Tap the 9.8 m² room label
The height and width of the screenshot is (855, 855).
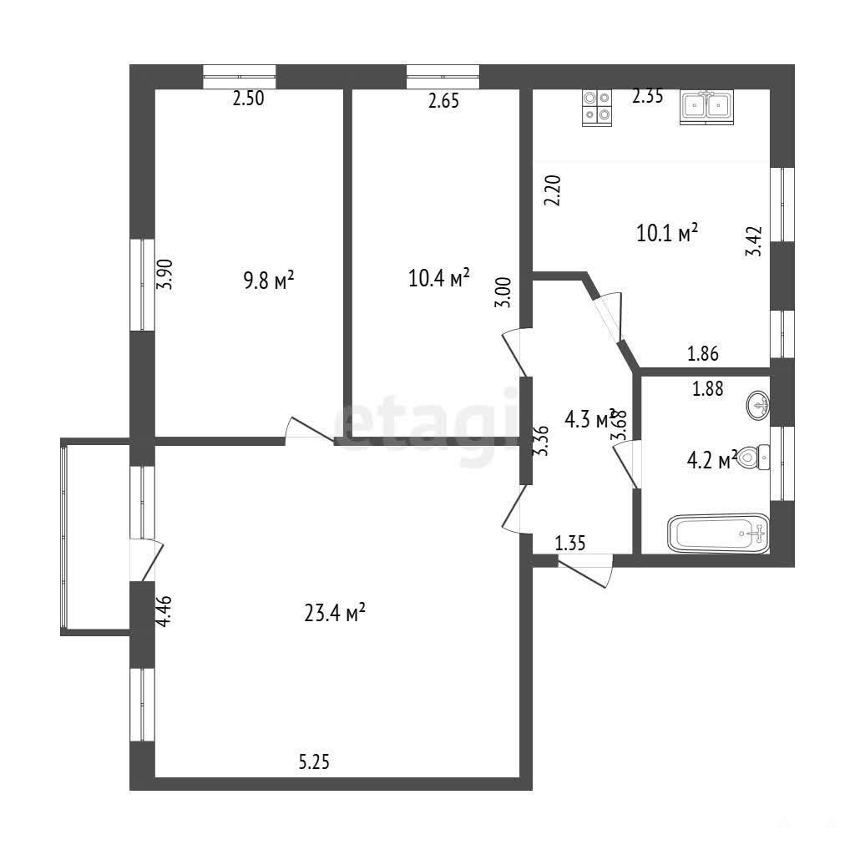coord(268,281)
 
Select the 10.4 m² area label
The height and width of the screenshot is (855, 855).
coord(439,278)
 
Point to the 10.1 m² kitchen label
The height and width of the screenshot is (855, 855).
coord(667,233)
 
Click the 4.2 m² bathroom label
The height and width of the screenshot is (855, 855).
coord(712,460)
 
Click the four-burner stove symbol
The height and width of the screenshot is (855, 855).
coord(596,108)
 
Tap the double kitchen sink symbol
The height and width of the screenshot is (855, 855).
coord(706,107)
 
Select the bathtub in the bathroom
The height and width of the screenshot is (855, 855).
coord(719,534)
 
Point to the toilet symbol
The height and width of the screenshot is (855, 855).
coord(755,457)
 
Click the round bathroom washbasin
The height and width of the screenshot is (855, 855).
coord(758,405)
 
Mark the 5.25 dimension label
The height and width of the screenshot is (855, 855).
coord(314,761)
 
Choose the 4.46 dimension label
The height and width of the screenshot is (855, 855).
coord(164,610)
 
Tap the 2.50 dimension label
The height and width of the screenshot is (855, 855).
coord(249,99)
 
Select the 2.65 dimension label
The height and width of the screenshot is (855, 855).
coord(443,101)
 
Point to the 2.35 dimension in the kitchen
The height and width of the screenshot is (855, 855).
coord(648,96)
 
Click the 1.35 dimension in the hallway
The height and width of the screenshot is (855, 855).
coord(570,543)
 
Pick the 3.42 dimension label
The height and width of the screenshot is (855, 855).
coord(754,241)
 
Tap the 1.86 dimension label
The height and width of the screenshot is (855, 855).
coord(703,353)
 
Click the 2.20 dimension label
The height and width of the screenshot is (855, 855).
coord(553,190)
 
